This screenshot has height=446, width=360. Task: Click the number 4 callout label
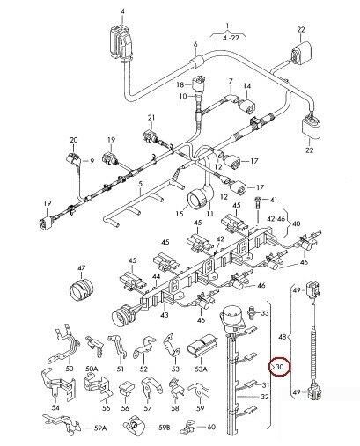(x=124, y=9)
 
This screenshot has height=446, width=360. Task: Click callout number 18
(x=180, y=84)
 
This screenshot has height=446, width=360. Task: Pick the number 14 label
(x=247, y=86)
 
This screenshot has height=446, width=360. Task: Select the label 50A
(x=92, y=370)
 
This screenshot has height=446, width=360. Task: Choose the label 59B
(x=164, y=428)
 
